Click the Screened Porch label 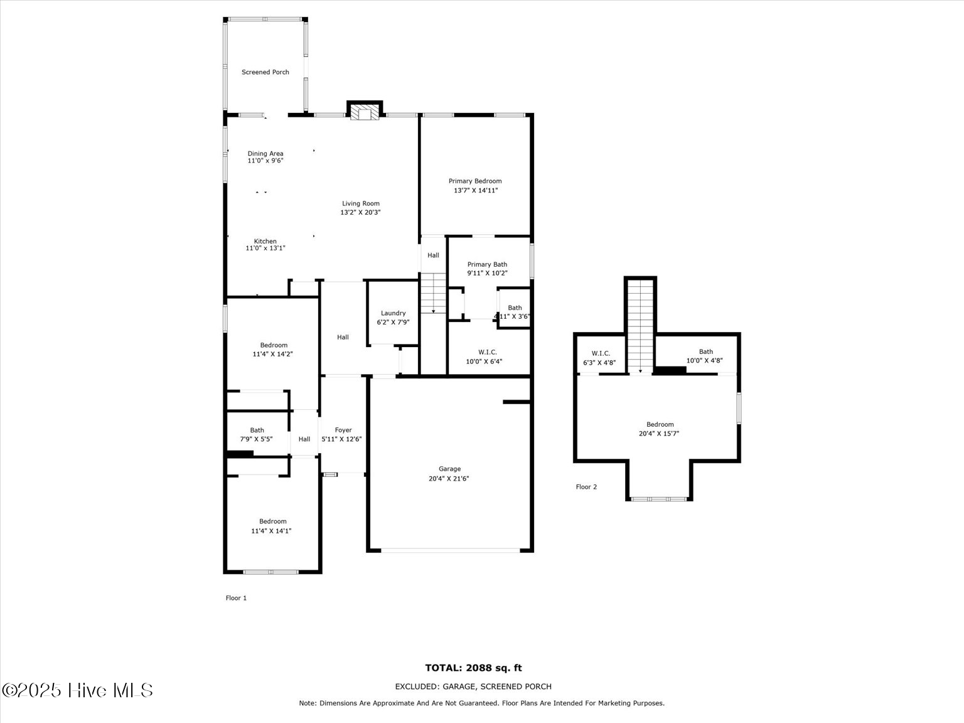(265, 72)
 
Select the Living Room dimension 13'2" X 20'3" (360, 212)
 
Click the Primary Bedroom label (475, 181)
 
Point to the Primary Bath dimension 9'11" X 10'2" (487, 273)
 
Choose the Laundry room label (393, 313)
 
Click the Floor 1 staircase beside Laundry (432, 293)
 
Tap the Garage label (449, 469)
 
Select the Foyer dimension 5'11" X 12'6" (342, 439)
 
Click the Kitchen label (265, 241)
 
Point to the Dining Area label (265, 153)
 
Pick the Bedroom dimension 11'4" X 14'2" (273, 354)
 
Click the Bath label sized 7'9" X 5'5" (257, 430)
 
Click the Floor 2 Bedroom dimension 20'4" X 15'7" (660, 433)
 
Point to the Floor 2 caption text (586, 487)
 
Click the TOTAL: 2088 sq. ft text (473, 668)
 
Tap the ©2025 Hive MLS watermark (77, 690)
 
